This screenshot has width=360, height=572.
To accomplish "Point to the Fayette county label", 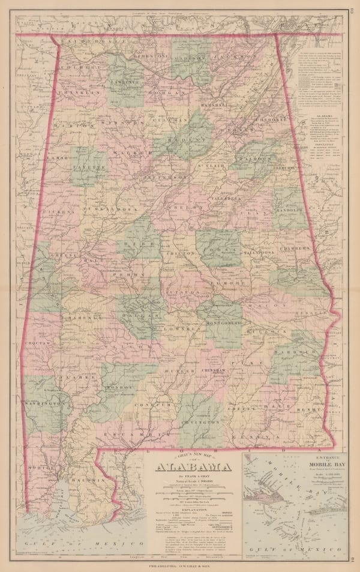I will (89, 163).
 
